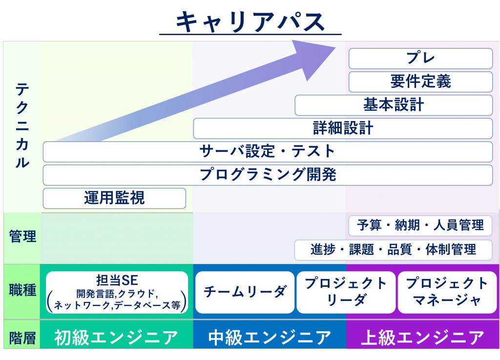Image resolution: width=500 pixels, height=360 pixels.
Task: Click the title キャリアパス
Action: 250,21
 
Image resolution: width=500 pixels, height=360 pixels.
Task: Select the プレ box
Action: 420,59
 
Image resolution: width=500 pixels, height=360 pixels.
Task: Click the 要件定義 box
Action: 420,81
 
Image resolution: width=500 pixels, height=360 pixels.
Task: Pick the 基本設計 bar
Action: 394,105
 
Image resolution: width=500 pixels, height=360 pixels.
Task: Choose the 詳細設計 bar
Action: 343,128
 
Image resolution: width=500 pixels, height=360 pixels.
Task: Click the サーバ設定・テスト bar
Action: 268,152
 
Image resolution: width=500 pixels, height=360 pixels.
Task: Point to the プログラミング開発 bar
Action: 268,175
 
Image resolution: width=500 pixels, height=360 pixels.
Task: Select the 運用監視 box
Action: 114,198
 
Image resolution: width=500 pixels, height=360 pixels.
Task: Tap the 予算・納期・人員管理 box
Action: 420,225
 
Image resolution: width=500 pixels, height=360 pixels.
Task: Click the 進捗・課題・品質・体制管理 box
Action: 393,250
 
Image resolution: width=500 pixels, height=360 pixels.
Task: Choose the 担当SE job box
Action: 117,292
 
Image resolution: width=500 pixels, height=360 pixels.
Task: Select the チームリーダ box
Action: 245,292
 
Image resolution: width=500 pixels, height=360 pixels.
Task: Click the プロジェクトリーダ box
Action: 346,292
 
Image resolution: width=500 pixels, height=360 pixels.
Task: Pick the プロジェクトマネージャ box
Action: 447,292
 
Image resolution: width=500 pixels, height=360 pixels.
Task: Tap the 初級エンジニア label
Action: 116,337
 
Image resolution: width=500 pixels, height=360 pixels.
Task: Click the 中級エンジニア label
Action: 270,337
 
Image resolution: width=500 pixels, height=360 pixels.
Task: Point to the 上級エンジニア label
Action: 423,337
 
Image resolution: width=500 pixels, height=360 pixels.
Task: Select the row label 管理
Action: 22,238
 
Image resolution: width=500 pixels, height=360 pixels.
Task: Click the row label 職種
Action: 22,291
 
